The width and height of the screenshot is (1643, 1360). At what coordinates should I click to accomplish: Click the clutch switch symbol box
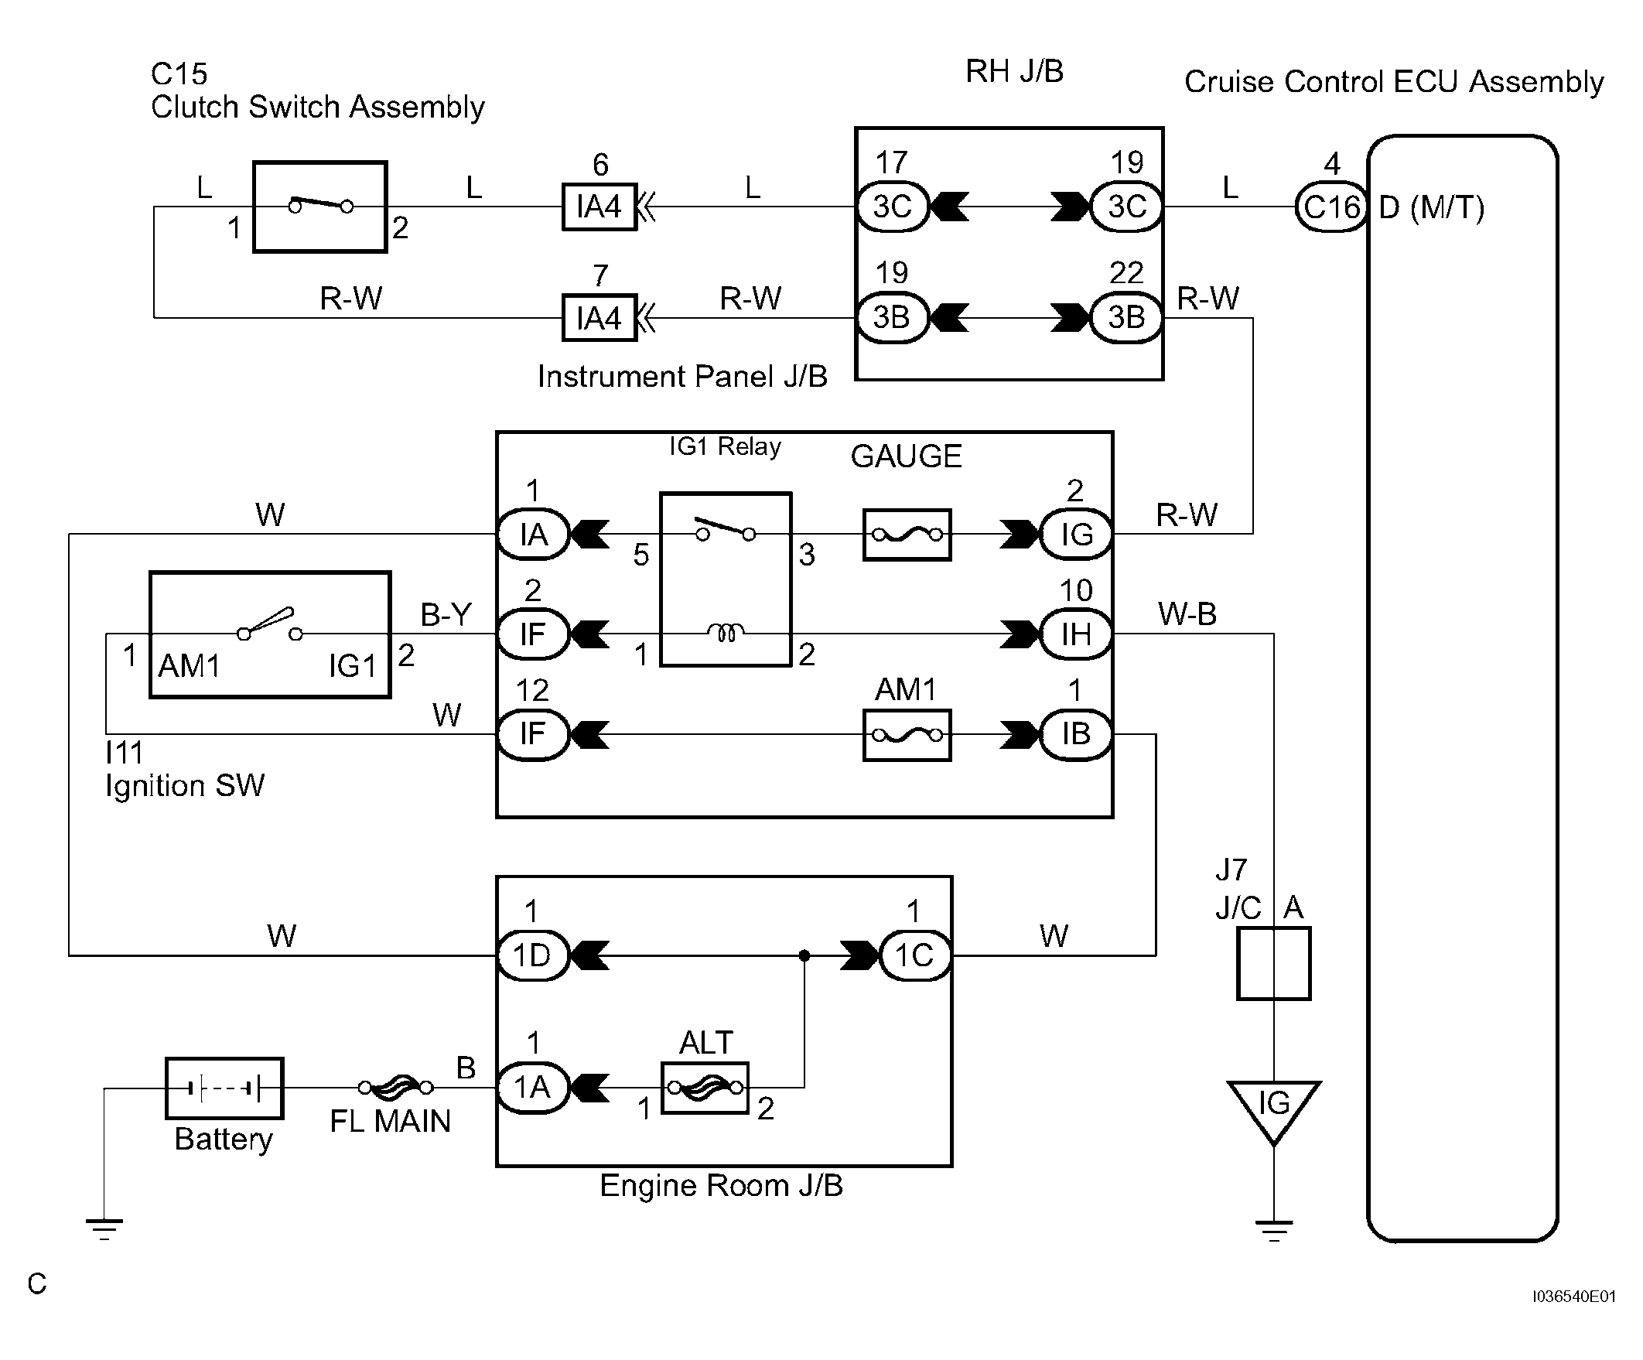pos(320,207)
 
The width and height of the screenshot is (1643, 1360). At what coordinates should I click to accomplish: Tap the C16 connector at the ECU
pos(1330,207)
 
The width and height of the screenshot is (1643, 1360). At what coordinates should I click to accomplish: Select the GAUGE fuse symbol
pos(907,535)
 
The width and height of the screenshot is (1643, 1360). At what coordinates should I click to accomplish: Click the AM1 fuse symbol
pos(907,735)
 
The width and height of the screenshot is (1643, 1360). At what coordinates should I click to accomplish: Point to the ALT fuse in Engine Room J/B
pos(704,1087)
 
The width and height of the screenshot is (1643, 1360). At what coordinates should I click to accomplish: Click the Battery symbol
pos(224,1088)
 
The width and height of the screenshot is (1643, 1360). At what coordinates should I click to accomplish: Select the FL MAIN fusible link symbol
pos(395,1087)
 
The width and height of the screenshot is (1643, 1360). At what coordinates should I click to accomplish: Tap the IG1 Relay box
pos(726,579)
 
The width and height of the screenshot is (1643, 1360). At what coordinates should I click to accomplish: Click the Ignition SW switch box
pos(270,634)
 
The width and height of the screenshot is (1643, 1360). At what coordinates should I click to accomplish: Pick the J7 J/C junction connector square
pos(1273,963)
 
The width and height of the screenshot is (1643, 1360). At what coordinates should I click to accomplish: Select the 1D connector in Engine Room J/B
pos(532,955)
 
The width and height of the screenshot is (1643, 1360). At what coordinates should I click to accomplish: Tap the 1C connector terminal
pos(914,955)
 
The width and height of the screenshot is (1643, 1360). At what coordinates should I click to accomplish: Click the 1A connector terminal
pos(532,1087)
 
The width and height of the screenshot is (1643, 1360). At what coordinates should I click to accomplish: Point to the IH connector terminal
pos(1076,634)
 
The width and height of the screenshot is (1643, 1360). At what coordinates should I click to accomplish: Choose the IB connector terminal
pos(1076,734)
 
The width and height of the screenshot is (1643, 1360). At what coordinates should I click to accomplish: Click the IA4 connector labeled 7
pos(599,318)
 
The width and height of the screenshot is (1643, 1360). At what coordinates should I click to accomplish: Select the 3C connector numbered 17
pos(892,207)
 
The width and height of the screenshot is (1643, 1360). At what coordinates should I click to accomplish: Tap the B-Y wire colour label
pos(446,615)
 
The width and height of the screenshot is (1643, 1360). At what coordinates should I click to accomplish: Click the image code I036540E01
pos(1573,1297)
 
